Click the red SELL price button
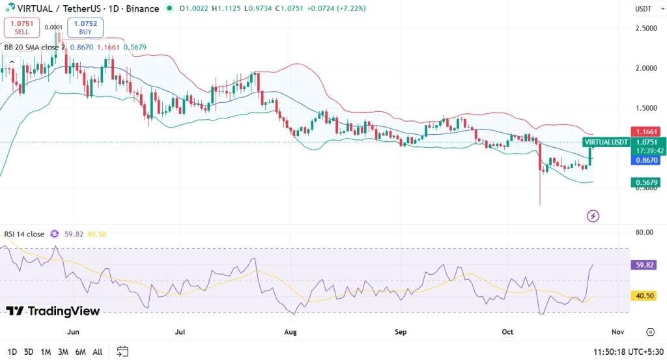point(21,27)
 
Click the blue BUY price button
point(85,27)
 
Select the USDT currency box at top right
point(644,9)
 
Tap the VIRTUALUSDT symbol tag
point(606,142)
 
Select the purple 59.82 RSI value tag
point(646,265)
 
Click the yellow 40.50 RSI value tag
point(646,296)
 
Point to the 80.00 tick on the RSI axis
point(646,232)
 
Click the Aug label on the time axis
point(291,332)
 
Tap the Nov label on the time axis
point(618,332)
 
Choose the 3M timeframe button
point(63,352)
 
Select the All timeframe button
point(97,352)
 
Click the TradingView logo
point(53,311)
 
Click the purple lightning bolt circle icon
point(593,215)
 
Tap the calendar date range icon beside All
point(122,352)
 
